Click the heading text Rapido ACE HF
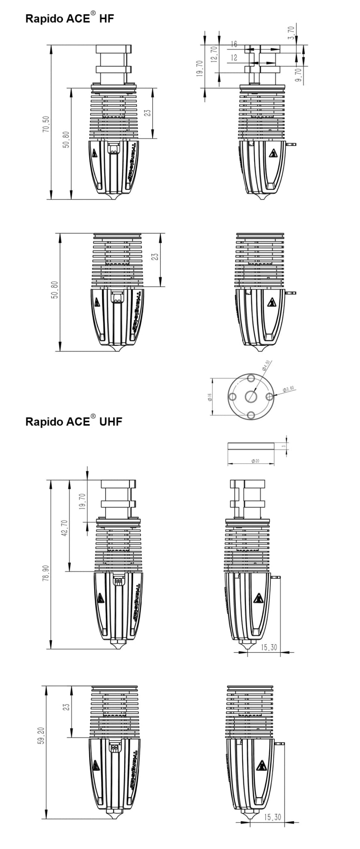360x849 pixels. [x=69, y=19]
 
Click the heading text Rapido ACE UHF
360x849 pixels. [x=73, y=422]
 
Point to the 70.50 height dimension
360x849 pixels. [x=46, y=124]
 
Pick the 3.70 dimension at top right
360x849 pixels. [x=291, y=33]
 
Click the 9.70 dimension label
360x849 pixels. [x=299, y=75]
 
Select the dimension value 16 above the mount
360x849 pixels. [x=234, y=44]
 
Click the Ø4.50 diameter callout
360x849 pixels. [x=266, y=365]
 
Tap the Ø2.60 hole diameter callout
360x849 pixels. [x=288, y=388]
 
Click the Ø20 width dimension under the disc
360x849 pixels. [x=255, y=461]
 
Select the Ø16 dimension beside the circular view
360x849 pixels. [x=209, y=397]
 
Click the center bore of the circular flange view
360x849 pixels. [x=251, y=396]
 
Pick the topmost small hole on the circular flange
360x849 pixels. [x=251, y=378]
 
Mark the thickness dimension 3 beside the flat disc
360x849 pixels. [x=284, y=446]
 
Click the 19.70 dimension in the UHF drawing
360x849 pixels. [x=82, y=501]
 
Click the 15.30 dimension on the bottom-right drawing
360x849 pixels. [x=272, y=817]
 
